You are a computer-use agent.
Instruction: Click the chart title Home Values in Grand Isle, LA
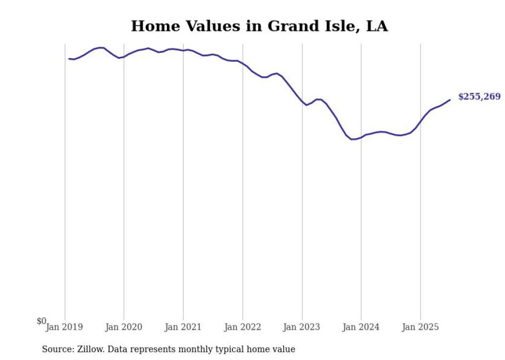point(259,26)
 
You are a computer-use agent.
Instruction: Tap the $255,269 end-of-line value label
point(479,97)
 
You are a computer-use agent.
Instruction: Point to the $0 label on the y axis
point(41,321)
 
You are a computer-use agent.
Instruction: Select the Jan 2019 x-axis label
point(64,327)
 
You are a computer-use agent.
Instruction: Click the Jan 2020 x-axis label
point(124,327)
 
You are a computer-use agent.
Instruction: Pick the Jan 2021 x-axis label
point(183,327)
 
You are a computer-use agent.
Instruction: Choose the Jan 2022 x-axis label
point(243,327)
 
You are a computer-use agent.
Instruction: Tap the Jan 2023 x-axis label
point(302,327)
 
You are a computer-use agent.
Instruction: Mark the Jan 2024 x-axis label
point(361,327)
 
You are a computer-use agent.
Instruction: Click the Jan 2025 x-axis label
point(420,327)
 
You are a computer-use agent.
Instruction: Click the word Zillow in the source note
point(90,350)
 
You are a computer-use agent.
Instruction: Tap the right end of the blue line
point(450,100)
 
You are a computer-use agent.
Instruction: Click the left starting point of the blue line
point(69,59)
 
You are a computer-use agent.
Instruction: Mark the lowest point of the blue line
point(352,139)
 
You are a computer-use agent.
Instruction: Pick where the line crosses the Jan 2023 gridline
point(302,101)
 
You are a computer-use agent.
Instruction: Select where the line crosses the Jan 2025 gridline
point(420,120)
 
